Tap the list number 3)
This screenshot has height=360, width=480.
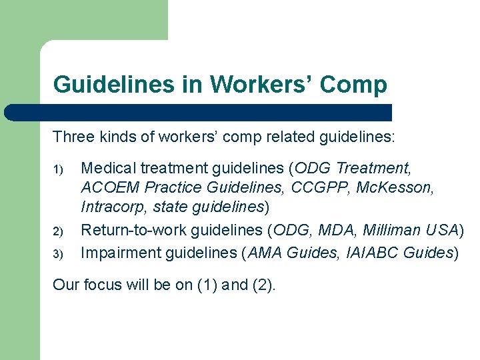tap(58, 254)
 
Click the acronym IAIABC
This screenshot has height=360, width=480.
tap(373, 253)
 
